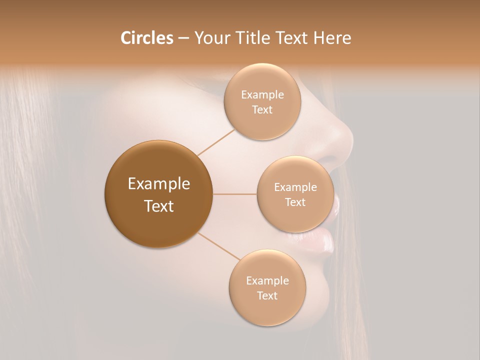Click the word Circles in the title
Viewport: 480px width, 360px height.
(x=147, y=38)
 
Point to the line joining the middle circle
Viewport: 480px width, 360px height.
(x=235, y=194)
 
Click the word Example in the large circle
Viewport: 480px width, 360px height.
(x=159, y=184)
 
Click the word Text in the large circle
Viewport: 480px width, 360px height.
(x=159, y=206)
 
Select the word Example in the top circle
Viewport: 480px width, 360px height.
(x=262, y=95)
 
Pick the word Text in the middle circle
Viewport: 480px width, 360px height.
(x=295, y=202)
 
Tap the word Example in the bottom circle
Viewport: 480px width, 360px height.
(x=267, y=281)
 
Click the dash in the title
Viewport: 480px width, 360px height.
(x=183, y=38)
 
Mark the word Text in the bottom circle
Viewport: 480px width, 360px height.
(x=267, y=295)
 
